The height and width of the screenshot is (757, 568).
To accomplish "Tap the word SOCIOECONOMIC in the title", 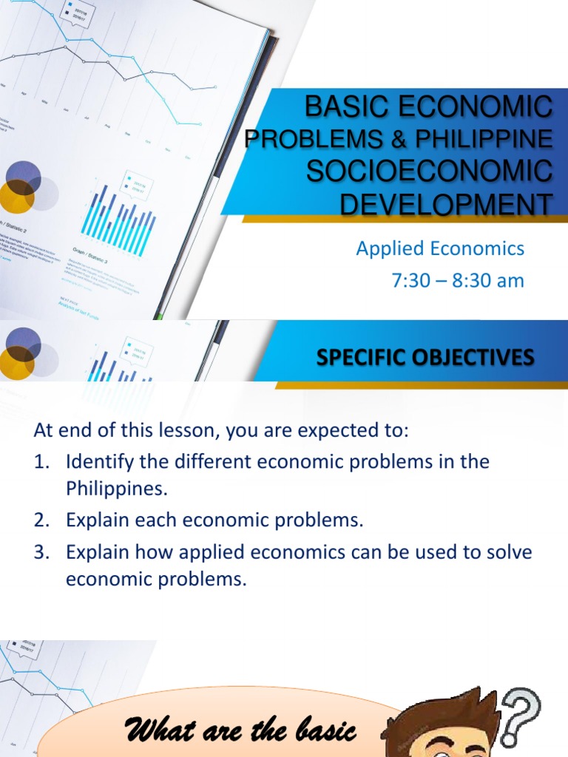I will pyautogui.click(x=429, y=172).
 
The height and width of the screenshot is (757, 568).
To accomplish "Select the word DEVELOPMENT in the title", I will pyautogui.click(x=446, y=203).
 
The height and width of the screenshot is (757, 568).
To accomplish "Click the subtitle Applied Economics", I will pyautogui.click(x=440, y=248).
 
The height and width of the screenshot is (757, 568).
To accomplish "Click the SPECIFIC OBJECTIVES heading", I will pyautogui.click(x=425, y=358).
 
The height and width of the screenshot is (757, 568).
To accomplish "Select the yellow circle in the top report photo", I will pyautogui.click(x=16, y=195).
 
